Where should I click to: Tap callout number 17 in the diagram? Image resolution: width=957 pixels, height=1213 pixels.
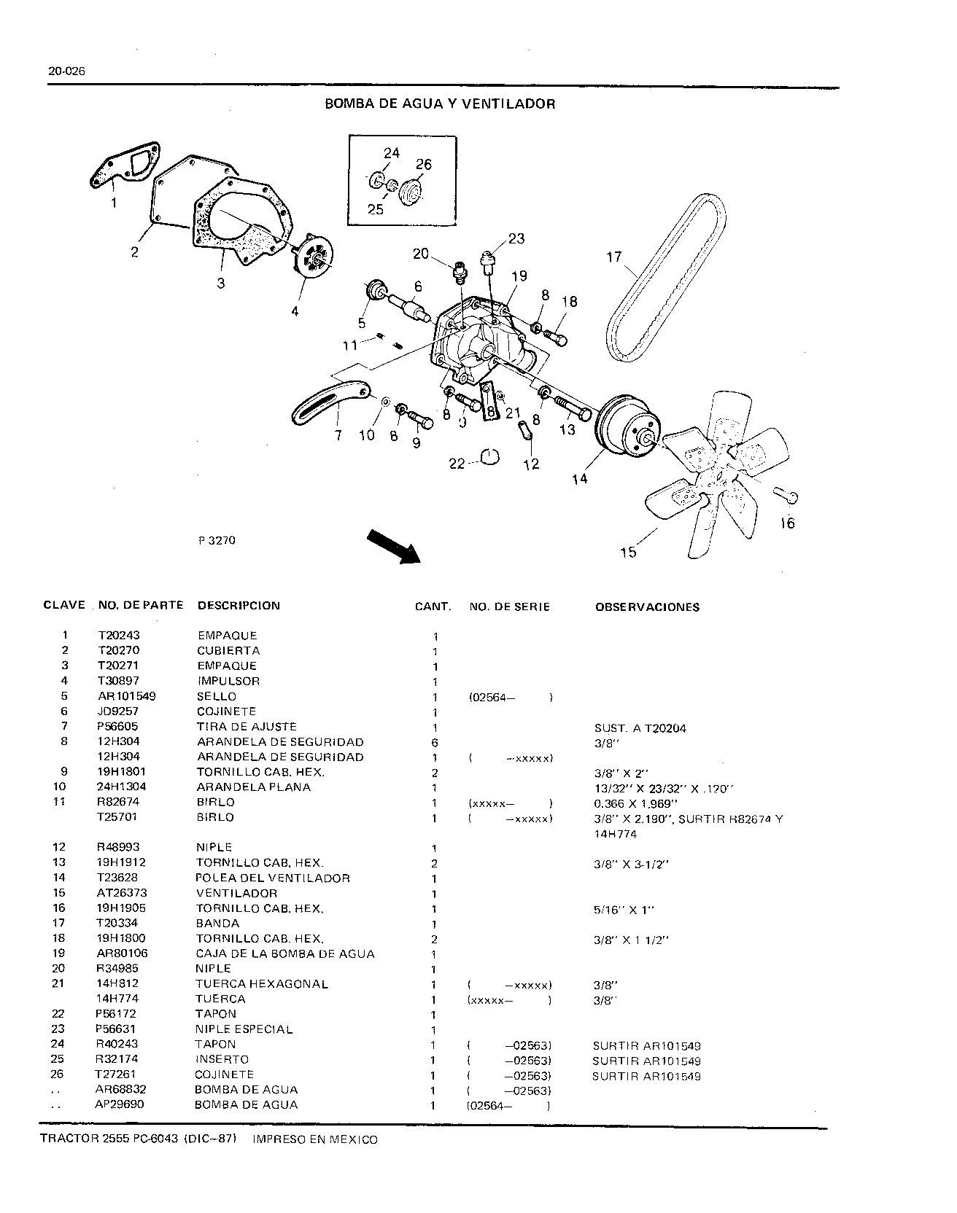pyautogui.click(x=614, y=257)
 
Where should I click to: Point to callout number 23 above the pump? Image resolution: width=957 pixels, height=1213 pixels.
pyautogui.click(x=516, y=238)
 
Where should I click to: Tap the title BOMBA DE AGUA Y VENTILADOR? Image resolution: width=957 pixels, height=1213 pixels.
pyautogui.click(x=440, y=104)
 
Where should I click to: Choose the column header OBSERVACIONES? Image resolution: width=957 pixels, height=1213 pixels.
pyautogui.click(x=647, y=606)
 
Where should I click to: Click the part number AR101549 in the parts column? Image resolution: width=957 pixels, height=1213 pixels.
pyautogui.click(x=127, y=696)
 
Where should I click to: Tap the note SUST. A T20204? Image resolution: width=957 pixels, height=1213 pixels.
pyautogui.click(x=640, y=728)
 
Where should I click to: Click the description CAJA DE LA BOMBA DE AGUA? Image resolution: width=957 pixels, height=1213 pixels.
pyautogui.click(x=285, y=953)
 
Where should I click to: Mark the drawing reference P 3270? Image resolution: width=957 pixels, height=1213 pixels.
pyautogui.click(x=216, y=541)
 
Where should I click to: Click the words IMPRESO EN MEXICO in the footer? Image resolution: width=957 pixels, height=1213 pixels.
pyautogui.click(x=314, y=1139)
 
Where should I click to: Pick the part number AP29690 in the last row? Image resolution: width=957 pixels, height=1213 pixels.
pyautogui.click(x=119, y=1104)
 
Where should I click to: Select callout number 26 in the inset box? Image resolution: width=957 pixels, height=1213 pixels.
pyautogui.click(x=424, y=164)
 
